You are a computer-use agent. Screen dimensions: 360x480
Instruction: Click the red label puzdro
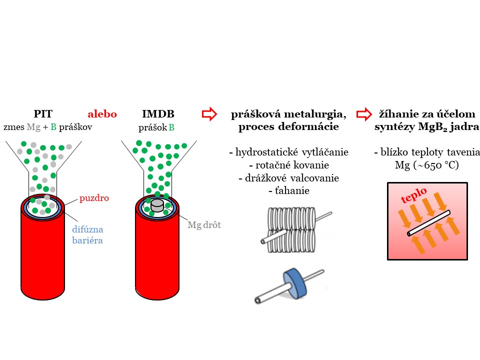click(94, 198)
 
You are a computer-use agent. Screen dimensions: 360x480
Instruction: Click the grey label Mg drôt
click(204, 225)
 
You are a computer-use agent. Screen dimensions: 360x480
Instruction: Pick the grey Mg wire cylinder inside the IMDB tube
click(157, 205)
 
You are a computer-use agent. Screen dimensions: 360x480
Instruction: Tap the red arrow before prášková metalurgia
click(209, 114)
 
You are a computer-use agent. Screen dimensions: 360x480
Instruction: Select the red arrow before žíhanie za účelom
click(363, 114)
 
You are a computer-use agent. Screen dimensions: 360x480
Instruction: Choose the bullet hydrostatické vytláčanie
click(288, 152)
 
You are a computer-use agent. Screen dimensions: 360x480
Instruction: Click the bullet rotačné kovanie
click(288, 165)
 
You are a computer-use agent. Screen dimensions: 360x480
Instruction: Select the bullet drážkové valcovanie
click(289, 178)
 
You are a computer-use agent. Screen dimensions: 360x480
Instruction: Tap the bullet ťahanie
click(288, 191)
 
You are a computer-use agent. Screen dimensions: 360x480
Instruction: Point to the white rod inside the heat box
click(429, 222)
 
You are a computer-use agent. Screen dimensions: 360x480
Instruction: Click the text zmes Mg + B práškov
click(48, 127)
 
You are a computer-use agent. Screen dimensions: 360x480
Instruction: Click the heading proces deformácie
click(288, 126)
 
